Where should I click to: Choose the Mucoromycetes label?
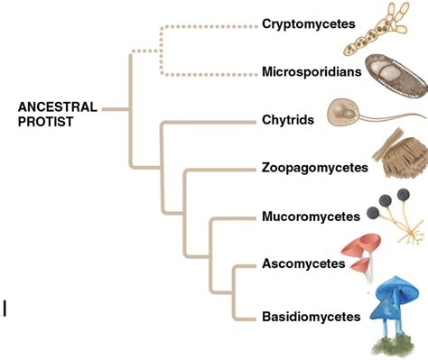[x=311, y=216]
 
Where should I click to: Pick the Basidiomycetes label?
[x=312, y=316]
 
